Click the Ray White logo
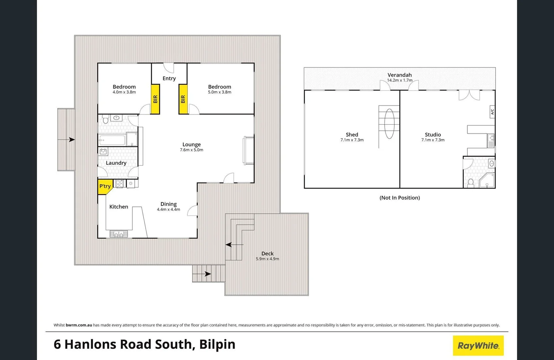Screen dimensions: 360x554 tap(478, 346)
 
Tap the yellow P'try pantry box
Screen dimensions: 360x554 tap(105, 186)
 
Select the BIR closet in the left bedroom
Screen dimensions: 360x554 tap(155, 99)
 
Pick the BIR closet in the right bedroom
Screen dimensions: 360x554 tap(183, 99)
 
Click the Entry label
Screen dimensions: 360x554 tap(169, 78)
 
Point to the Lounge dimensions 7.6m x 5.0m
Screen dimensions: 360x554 tap(191, 150)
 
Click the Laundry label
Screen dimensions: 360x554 tap(116, 163)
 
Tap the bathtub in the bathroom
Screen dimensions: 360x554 tap(112, 140)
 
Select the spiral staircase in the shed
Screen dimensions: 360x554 tap(389, 124)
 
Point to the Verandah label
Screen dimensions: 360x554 tap(399, 75)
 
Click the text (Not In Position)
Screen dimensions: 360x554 tap(399, 198)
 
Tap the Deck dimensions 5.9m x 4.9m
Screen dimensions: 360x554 tap(267, 259)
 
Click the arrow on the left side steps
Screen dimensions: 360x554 tap(71, 140)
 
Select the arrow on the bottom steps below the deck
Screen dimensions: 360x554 tap(207, 274)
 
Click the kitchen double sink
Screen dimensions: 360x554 tap(118, 234)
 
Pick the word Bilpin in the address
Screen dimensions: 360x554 tap(217, 344)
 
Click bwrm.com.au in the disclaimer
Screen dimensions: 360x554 tap(79, 325)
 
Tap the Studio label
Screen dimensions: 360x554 tap(433, 135)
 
